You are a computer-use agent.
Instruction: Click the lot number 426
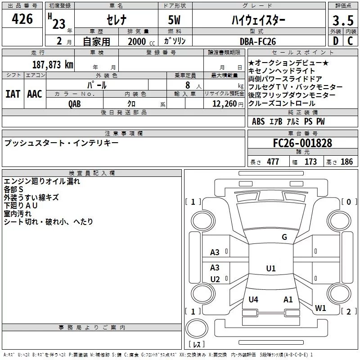[22, 19]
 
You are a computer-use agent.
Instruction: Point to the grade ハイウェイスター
[258, 20]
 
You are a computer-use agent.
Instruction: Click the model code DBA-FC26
[258, 41]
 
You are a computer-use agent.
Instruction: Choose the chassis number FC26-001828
[302, 143]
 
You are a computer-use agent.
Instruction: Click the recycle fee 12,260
[224, 103]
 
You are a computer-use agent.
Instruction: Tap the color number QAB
[75, 103]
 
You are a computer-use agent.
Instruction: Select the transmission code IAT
[13, 94]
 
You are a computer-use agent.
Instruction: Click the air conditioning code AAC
[35, 94]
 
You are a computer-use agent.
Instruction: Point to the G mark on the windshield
[284, 237]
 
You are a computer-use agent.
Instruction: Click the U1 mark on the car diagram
[270, 269]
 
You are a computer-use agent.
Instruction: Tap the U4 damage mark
[253, 299]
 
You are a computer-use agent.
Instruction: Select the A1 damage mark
[288, 299]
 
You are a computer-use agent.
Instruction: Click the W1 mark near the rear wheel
[320, 308]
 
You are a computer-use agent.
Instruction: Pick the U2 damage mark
[215, 279]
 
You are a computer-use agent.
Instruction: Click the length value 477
[273, 162]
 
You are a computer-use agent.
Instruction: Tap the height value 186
[347, 162]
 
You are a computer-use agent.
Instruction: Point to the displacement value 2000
[137, 41]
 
